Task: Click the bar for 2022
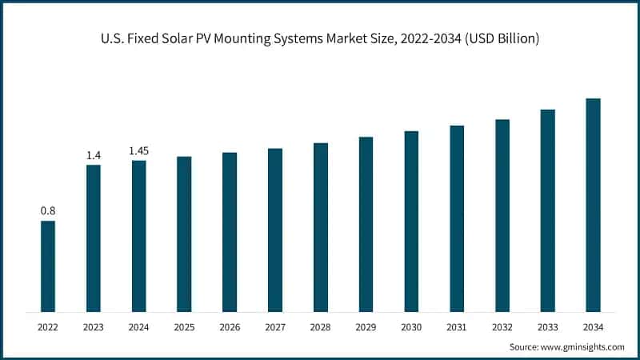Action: coord(48,266)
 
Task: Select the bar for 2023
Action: coord(94,238)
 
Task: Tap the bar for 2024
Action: coord(139,235)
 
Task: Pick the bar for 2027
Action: coord(275,230)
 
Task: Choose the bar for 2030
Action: coord(411,221)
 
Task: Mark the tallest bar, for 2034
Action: coord(593,205)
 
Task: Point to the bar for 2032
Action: coord(502,215)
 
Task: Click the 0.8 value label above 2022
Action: coord(48,210)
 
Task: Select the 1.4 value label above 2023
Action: coord(94,154)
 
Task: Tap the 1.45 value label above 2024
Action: coord(139,150)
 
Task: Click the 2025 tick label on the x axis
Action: coord(184,327)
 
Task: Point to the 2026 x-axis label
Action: coord(230,327)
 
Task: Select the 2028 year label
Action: coord(321,327)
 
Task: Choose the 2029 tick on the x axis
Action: coord(366,327)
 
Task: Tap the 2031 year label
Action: coord(457,327)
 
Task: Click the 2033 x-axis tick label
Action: coord(547,327)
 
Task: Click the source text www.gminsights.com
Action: coord(583,346)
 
